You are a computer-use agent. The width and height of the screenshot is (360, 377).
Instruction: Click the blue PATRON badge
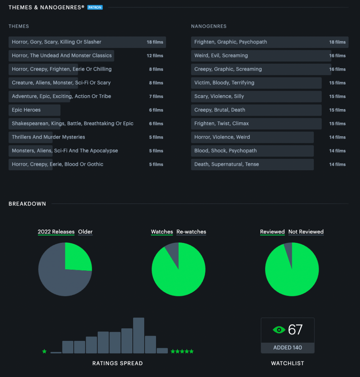click(95, 7)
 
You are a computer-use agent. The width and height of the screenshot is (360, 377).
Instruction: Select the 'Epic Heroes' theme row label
click(26, 110)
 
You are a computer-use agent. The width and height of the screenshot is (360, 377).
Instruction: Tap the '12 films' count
click(155, 56)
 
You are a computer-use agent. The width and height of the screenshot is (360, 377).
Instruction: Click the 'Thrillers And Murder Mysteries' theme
click(48, 137)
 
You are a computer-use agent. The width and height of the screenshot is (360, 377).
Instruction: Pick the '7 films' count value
click(156, 97)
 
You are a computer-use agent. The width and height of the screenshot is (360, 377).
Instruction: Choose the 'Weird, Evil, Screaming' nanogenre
click(221, 56)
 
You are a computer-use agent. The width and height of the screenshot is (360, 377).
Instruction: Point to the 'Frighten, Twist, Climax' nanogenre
click(221, 123)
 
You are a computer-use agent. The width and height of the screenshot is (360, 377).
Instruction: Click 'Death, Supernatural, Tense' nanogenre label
click(226, 164)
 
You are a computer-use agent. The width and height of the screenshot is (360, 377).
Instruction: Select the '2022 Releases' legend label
click(56, 232)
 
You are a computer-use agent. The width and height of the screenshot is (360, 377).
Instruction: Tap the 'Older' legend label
click(85, 232)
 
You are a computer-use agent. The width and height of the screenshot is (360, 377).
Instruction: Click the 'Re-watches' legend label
click(191, 232)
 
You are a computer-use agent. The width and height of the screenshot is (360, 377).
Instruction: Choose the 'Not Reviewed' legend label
click(306, 232)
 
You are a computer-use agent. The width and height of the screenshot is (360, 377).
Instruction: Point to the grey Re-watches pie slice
click(173, 253)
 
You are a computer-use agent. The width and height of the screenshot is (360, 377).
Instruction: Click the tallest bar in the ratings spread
click(139, 335)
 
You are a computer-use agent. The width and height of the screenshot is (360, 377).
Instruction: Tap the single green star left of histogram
click(44, 352)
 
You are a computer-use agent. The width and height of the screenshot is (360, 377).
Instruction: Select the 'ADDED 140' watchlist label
click(287, 348)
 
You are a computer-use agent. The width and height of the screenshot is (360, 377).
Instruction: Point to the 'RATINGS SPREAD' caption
click(117, 363)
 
